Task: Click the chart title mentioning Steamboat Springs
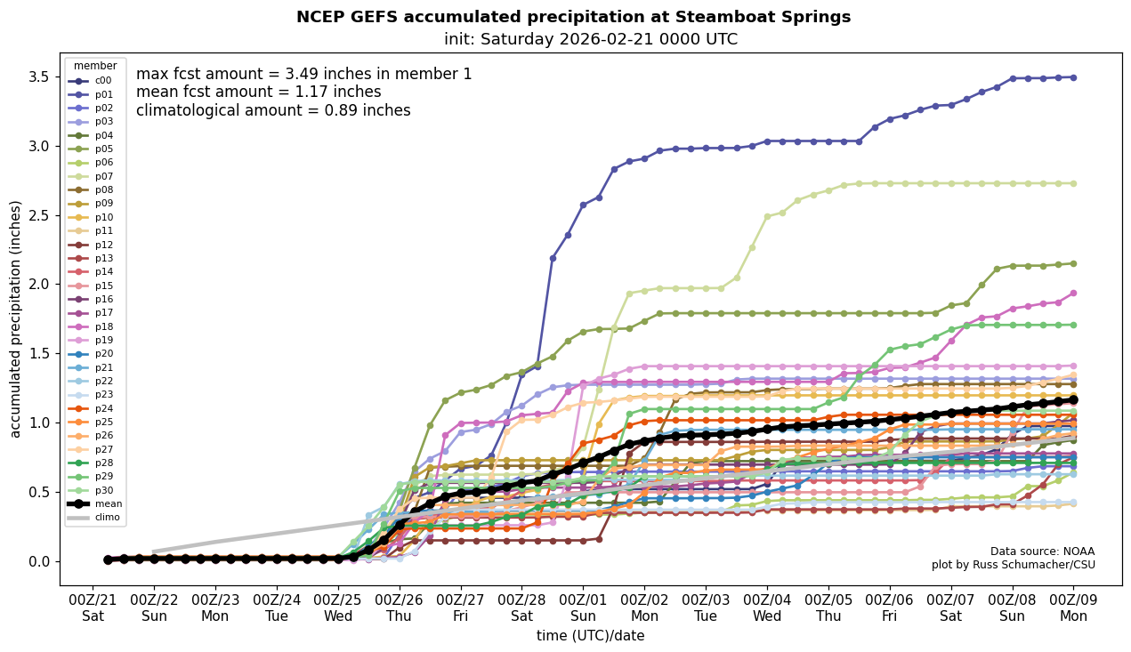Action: click(573, 17)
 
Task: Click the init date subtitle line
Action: click(591, 39)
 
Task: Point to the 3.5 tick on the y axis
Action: click(38, 76)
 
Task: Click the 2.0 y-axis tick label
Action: click(38, 285)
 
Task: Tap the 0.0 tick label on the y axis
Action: click(38, 561)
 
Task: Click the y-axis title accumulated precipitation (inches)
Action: click(15, 318)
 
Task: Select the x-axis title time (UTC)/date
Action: click(590, 636)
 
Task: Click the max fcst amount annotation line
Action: click(304, 74)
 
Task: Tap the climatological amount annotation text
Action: click(273, 110)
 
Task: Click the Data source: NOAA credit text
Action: click(1042, 551)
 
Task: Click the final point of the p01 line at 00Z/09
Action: click(1073, 77)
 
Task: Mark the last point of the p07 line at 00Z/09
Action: click(1073, 183)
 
